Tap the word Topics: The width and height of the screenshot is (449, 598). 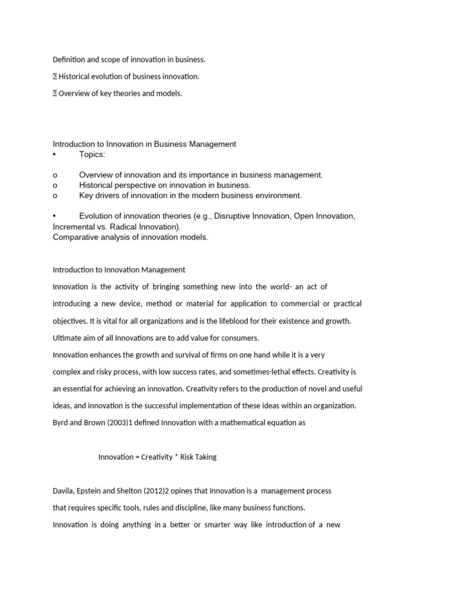pyautogui.click(x=92, y=154)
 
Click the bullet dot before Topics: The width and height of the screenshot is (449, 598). pyautogui.click(x=54, y=154)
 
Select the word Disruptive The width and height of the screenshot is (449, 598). pyautogui.click(x=233, y=216)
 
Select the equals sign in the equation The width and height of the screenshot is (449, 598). pyautogui.click(x=137, y=457)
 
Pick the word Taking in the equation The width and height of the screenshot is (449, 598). pyautogui.click(x=206, y=457)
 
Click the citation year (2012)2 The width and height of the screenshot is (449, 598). pyautogui.click(x=153, y=491)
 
